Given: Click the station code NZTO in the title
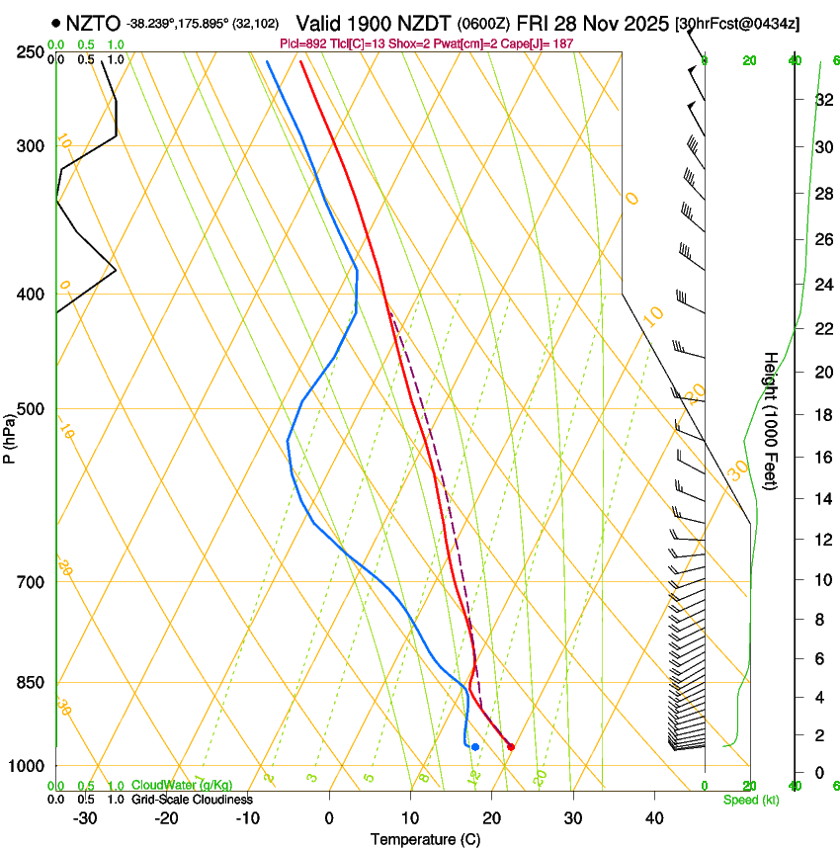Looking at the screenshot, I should pyautogui.click(x=94, y=23).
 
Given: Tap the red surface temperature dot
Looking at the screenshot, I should pyautogui.click(x=511, y=746).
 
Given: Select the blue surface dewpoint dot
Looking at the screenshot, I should pyautogui.click(x=475, y=746).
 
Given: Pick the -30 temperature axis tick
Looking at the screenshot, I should pyautogui.click(x=85, y=818).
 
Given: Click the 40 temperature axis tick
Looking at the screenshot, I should pyautogui.click(x=654, y=818).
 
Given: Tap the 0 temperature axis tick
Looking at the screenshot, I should pyautogui.click(x=330, y=818).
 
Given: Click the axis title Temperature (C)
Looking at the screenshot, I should pyautogui.click(x=425, y=839).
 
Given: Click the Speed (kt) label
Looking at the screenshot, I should pyautogui.click(x=750, y=800).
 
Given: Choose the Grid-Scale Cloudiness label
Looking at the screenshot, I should pyautogui.click(x=192, y=799).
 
